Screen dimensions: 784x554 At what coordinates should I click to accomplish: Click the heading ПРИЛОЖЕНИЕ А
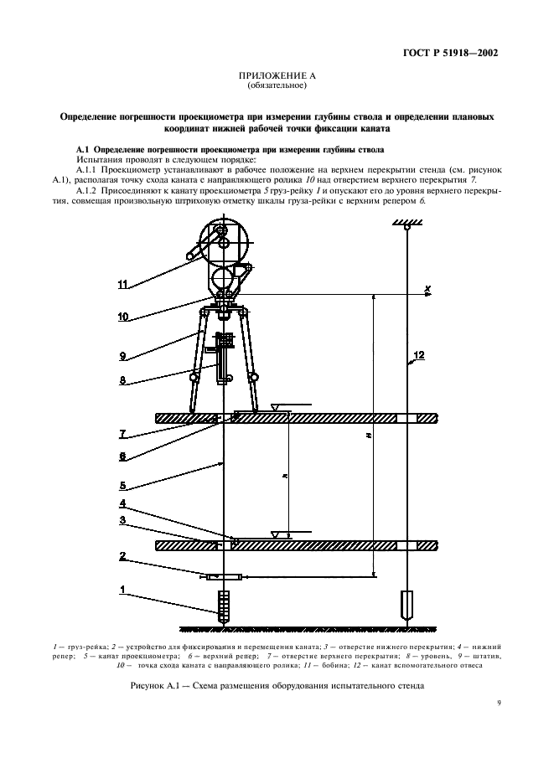click(x=277, y=75)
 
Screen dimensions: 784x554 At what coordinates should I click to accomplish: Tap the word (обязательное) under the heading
click(x=277, y=85)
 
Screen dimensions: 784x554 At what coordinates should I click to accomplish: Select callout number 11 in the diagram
click(x=123, y=285)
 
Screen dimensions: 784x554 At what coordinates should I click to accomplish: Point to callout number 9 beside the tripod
click(x=123, y=355)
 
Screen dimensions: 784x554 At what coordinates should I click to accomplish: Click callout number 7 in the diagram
click(x=123, y=433)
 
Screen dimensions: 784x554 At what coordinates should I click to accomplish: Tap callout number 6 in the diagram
click(x=123, y=456)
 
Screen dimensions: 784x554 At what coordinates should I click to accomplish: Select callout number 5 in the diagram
click(x=123, y=484)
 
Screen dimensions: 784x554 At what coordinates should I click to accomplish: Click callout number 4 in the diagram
click(x=123, y=503)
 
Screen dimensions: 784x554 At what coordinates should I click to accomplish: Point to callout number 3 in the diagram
click(x=123, y=521)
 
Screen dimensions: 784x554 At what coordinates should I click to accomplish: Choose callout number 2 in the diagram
click(x=123, y=555)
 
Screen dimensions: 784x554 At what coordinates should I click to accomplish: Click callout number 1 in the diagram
click(x=123, y=590)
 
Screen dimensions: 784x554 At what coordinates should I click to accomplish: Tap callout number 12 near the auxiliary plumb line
click(x=420, y=355)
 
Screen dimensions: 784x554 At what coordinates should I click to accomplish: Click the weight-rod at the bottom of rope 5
click(x=223, y=604)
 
